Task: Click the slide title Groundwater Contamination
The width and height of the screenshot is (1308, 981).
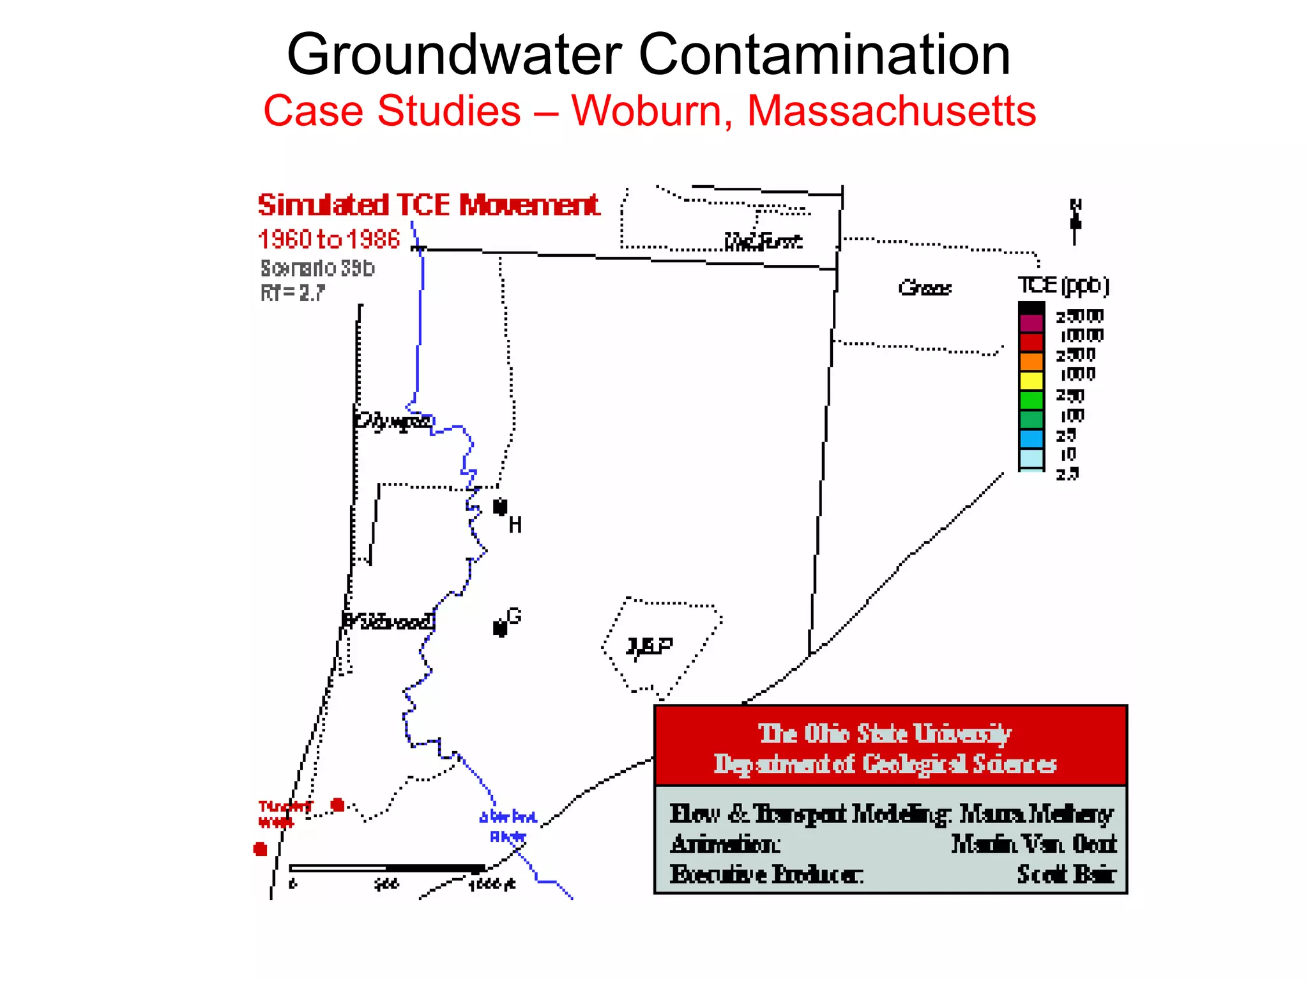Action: tap(648, 55)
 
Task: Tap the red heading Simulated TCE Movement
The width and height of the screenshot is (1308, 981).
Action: tap(429, 206)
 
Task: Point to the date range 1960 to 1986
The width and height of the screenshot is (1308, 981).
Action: tap(329, 240)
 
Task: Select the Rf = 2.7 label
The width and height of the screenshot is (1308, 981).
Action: tap(293, 293)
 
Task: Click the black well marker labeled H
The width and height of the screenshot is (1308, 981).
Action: tap(500, 507)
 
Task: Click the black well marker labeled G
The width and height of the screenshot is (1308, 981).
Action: tap(500, 628)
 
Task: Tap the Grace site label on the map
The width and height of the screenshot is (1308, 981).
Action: tap(924, 288)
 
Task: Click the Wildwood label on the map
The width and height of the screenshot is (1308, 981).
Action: tap(388, 621)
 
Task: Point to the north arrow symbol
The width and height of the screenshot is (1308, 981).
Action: tap(1076, 223)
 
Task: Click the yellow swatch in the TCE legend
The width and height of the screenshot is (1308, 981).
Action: tap(1031, 381)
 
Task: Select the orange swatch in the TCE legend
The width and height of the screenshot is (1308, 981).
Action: tap(1031, 361)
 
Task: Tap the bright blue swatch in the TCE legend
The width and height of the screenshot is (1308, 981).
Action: tap(1031, 439)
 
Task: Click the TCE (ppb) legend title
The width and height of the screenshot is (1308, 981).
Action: tap(1063, 285)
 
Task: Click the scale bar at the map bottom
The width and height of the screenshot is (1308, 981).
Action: tap(386, 868)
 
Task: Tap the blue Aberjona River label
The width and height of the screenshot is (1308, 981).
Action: tap(508, 826)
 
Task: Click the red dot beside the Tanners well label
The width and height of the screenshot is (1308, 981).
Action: tap(338, 805)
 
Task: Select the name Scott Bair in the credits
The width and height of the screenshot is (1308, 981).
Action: tap(1066, 874)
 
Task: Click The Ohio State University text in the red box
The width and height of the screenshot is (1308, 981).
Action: tap(885, 733)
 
